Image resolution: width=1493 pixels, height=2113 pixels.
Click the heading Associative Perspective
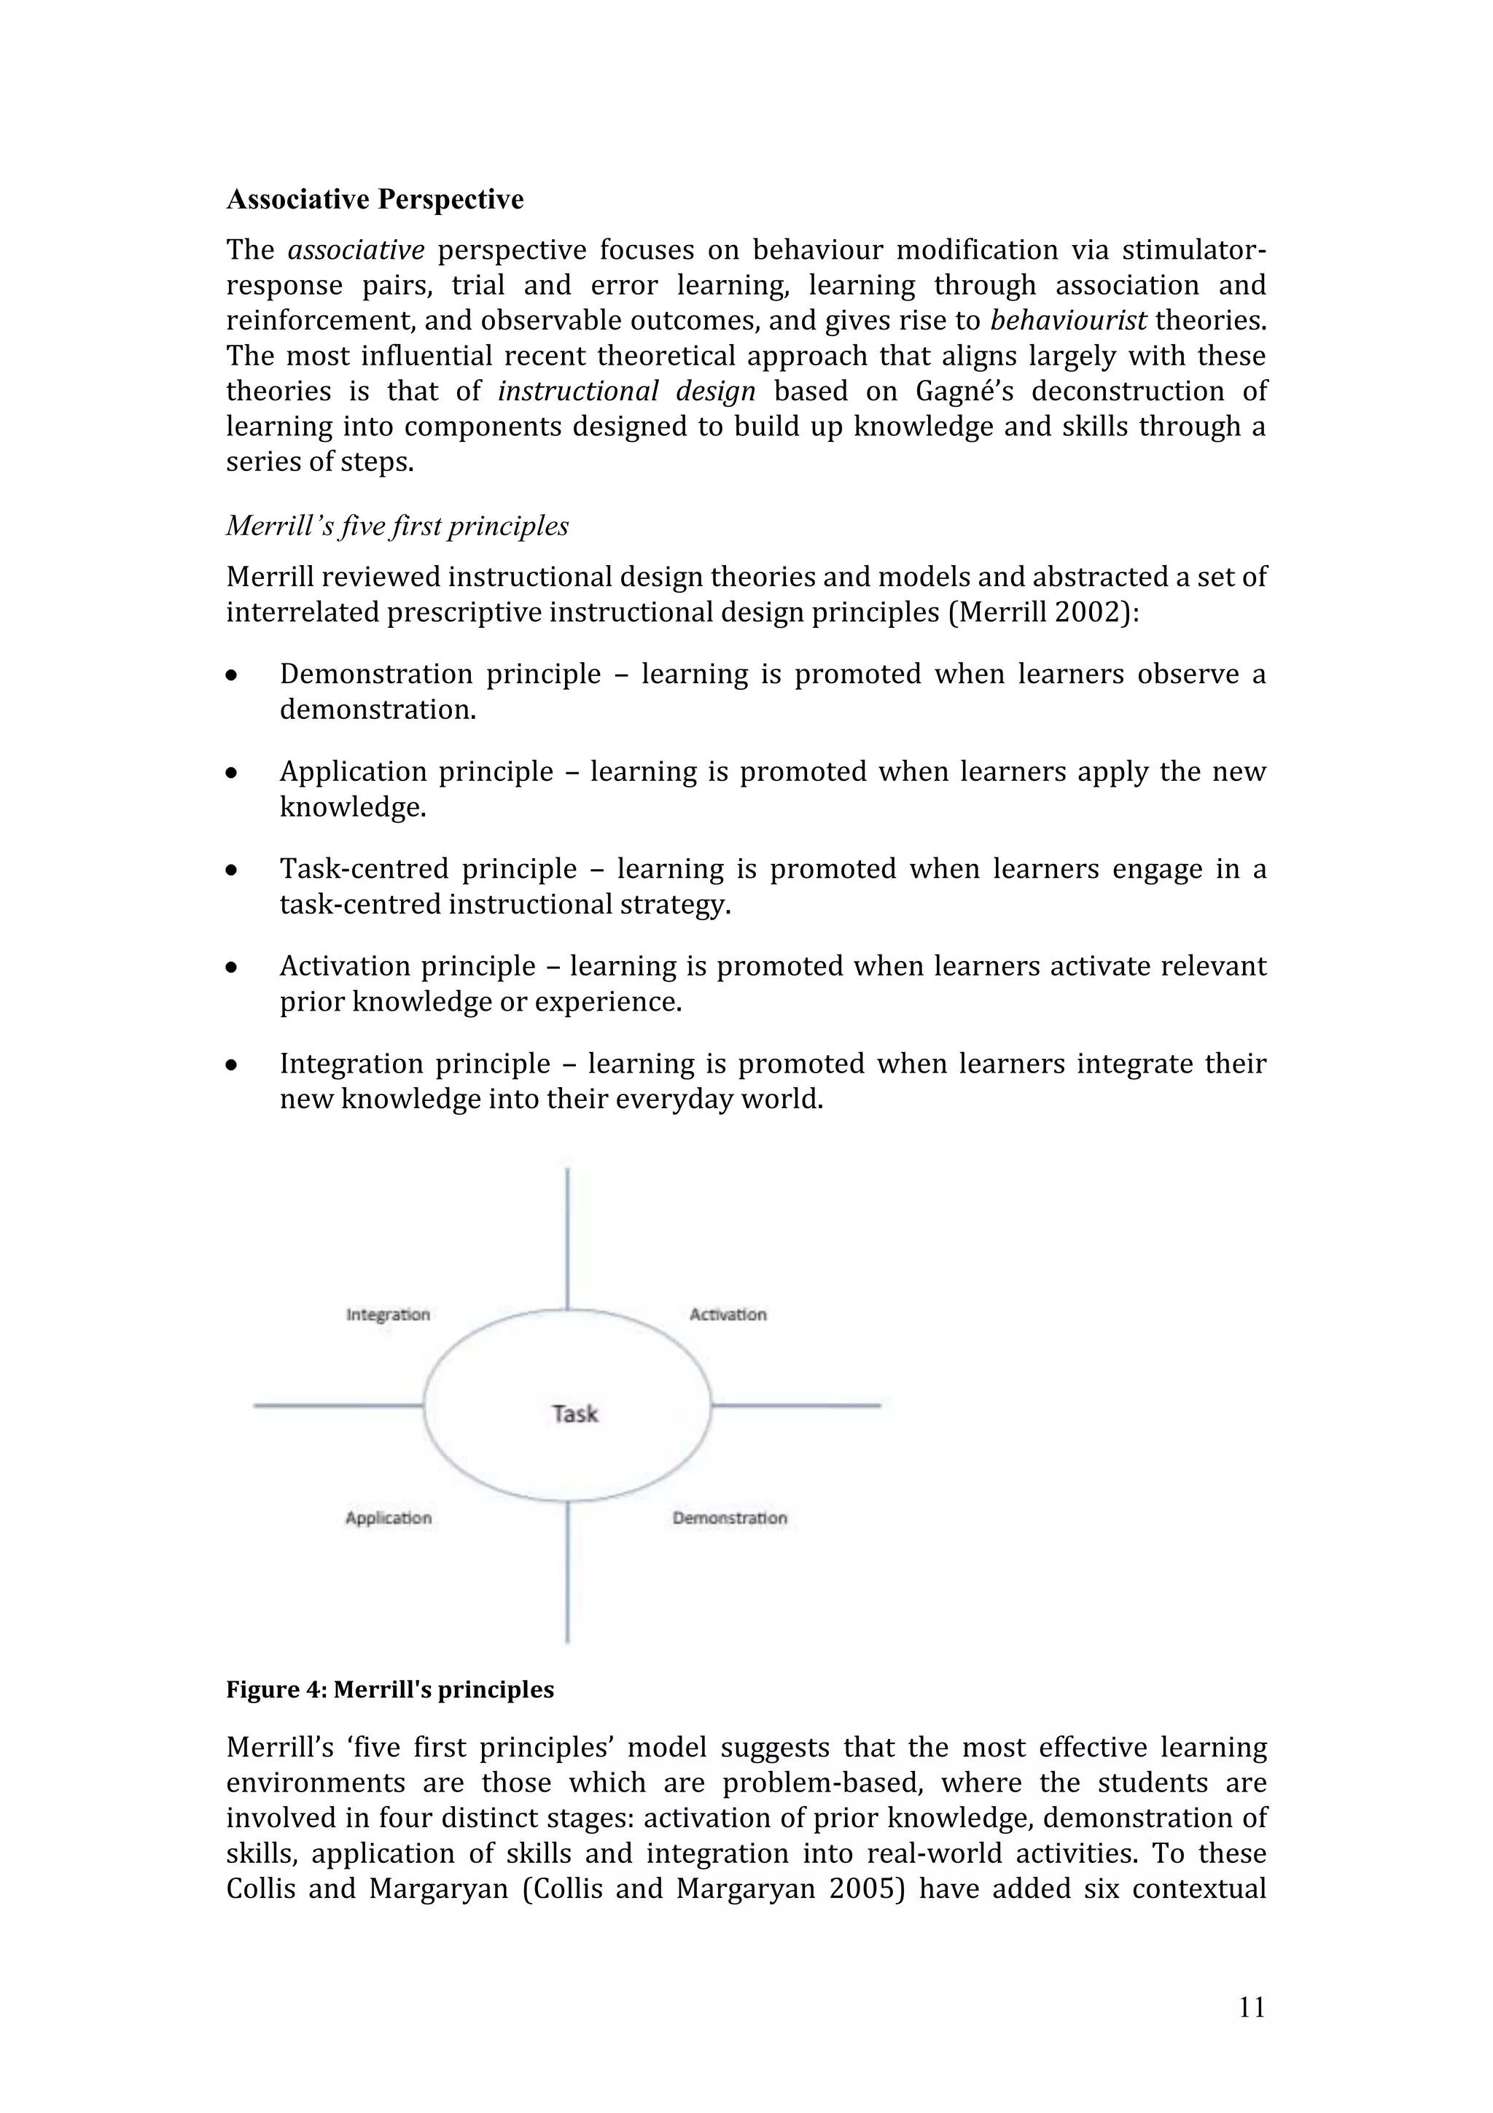pos(375,200)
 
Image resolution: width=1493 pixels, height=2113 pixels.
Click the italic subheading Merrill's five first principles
pos(397,526)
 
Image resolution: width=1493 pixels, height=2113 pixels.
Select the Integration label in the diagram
pos(387,1314)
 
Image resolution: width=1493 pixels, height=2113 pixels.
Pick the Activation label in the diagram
pos(728,1314)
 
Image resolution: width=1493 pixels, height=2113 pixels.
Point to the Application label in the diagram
pos(389,1517)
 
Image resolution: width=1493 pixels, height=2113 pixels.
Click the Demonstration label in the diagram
pos(730,1517)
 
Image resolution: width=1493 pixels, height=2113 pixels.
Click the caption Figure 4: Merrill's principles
pos(390,1689)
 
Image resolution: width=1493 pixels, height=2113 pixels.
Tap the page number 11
pos(1252,2007)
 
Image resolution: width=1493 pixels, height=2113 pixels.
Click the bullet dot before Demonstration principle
pos(233,675)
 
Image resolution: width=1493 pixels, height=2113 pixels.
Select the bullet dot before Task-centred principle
pos(233,870)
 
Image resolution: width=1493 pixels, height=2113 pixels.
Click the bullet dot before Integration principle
pos(233,1065)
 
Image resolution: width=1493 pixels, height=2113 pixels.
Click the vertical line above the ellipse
pos(566,1238)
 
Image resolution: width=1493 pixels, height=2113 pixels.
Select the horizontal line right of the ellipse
pos(796,1405)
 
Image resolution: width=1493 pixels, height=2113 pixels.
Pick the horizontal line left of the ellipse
pos(338,1405)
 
